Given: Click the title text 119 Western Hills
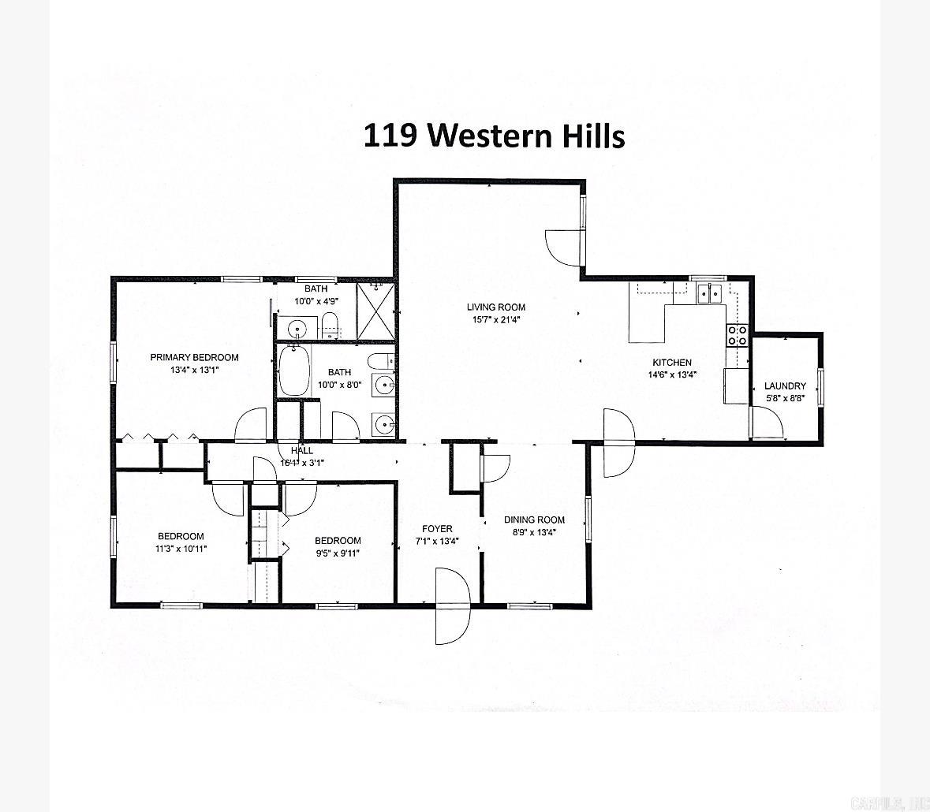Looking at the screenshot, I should pyautogui.click(x=494, y=135).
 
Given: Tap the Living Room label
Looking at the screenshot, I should pyautogui.click(x=495, y=307).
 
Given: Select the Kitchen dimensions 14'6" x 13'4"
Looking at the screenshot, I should pyautogui.click(x=671, y=374).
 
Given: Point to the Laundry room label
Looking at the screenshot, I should pyautogui.click(x=785, y=386).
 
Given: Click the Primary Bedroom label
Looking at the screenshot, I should pyautogui.click(x=194, y=357).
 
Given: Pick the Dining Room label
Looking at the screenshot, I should pyautogui.click(x=534, y=520).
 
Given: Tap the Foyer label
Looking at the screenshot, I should pyautogui.click(x=436, y=529).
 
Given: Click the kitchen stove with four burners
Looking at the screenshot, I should pyautogui.click(x=737, y=335).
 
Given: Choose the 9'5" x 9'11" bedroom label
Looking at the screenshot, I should pyautogui.click(x=338, y=541).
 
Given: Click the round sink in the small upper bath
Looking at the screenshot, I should pyautogui.click(x=297, y=329).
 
